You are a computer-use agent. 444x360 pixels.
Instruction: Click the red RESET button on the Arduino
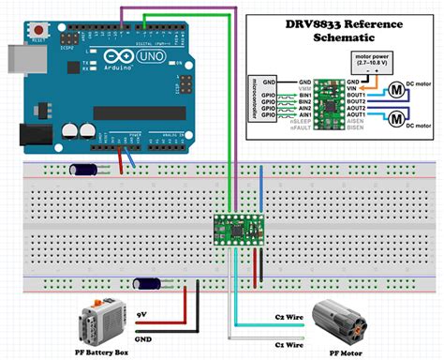point(37,32)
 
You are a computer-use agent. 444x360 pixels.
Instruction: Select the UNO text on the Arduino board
point(128,57)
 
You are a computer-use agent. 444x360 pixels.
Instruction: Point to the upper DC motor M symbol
point(396,91)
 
